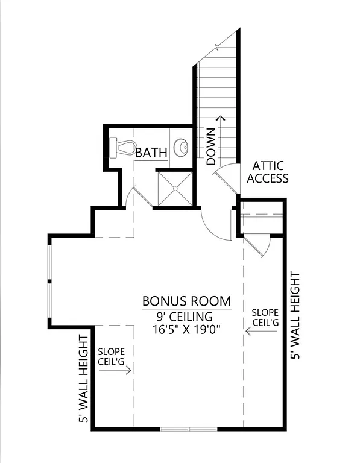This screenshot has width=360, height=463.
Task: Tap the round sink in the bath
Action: point(181,146)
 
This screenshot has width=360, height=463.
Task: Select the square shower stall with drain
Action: point(175,188)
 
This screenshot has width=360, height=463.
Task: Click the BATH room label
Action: point(151,153)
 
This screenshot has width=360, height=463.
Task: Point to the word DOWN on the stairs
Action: point(211,146)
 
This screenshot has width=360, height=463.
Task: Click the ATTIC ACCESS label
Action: point(268,172)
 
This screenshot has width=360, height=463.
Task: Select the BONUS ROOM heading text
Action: point(186,301)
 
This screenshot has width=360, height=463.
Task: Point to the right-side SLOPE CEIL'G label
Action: point(265,317)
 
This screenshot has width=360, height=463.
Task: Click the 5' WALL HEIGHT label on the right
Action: point(295,316)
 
